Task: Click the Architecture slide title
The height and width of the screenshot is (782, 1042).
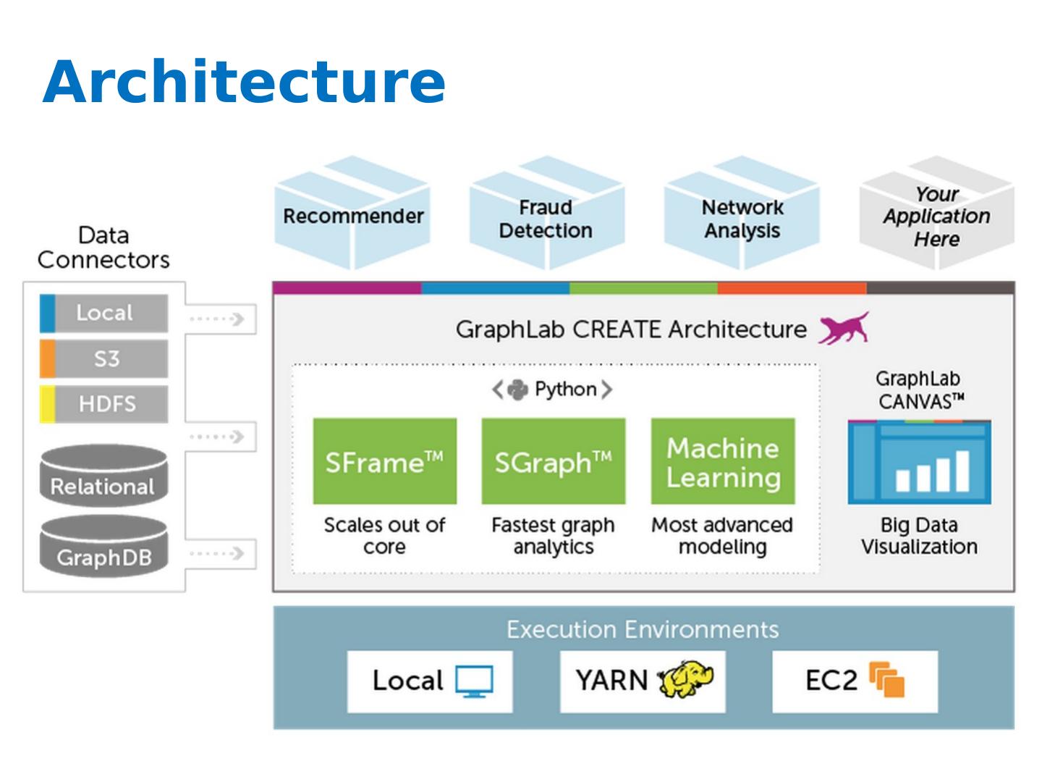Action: tap(244, 81)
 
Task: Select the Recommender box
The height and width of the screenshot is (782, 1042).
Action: tap(353, 216)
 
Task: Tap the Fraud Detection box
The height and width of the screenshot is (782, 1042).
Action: tap(546, 219)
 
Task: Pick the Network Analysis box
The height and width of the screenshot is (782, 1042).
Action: tap(742, 219)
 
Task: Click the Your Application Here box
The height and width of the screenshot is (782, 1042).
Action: tap(936, 216)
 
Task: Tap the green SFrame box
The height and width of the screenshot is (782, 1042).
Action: tap(384, 461)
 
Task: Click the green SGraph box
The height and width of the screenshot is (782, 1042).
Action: tap(554, 461)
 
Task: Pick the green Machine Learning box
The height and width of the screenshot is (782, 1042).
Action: tap(723, 461)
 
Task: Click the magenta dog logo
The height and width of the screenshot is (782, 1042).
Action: tap(844, 328)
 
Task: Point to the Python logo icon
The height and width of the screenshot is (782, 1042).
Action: tap(517, 390)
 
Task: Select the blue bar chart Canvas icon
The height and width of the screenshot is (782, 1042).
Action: tap(919, 463)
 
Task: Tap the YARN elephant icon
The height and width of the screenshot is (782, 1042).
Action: tap(685, 679)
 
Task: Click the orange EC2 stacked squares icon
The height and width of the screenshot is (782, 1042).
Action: tap(887, 680)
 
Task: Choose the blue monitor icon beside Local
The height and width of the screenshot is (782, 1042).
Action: tap(474, 681)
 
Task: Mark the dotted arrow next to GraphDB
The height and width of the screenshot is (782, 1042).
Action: tap(216, 554)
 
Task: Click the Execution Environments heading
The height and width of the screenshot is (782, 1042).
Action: tap(643, 629)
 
